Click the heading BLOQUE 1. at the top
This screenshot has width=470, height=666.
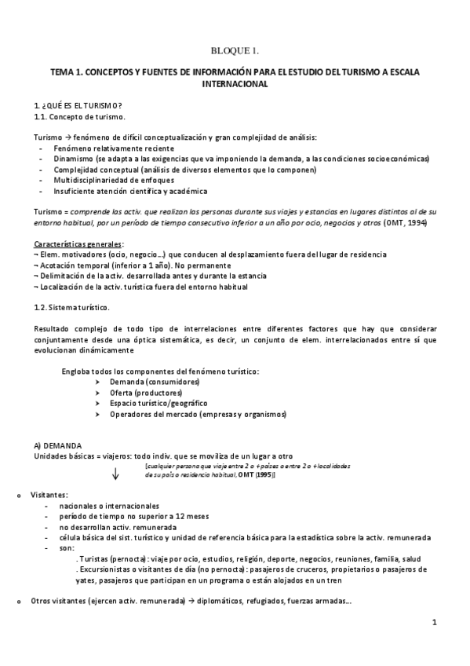(x=235, y=52)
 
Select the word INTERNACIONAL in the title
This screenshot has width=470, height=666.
(x=235, y=82)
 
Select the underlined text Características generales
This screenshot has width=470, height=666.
(x=78, y=244)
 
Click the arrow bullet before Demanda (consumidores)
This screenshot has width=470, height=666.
(x=97, y=381)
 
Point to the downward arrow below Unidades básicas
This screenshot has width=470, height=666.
(x=115, y=473)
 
